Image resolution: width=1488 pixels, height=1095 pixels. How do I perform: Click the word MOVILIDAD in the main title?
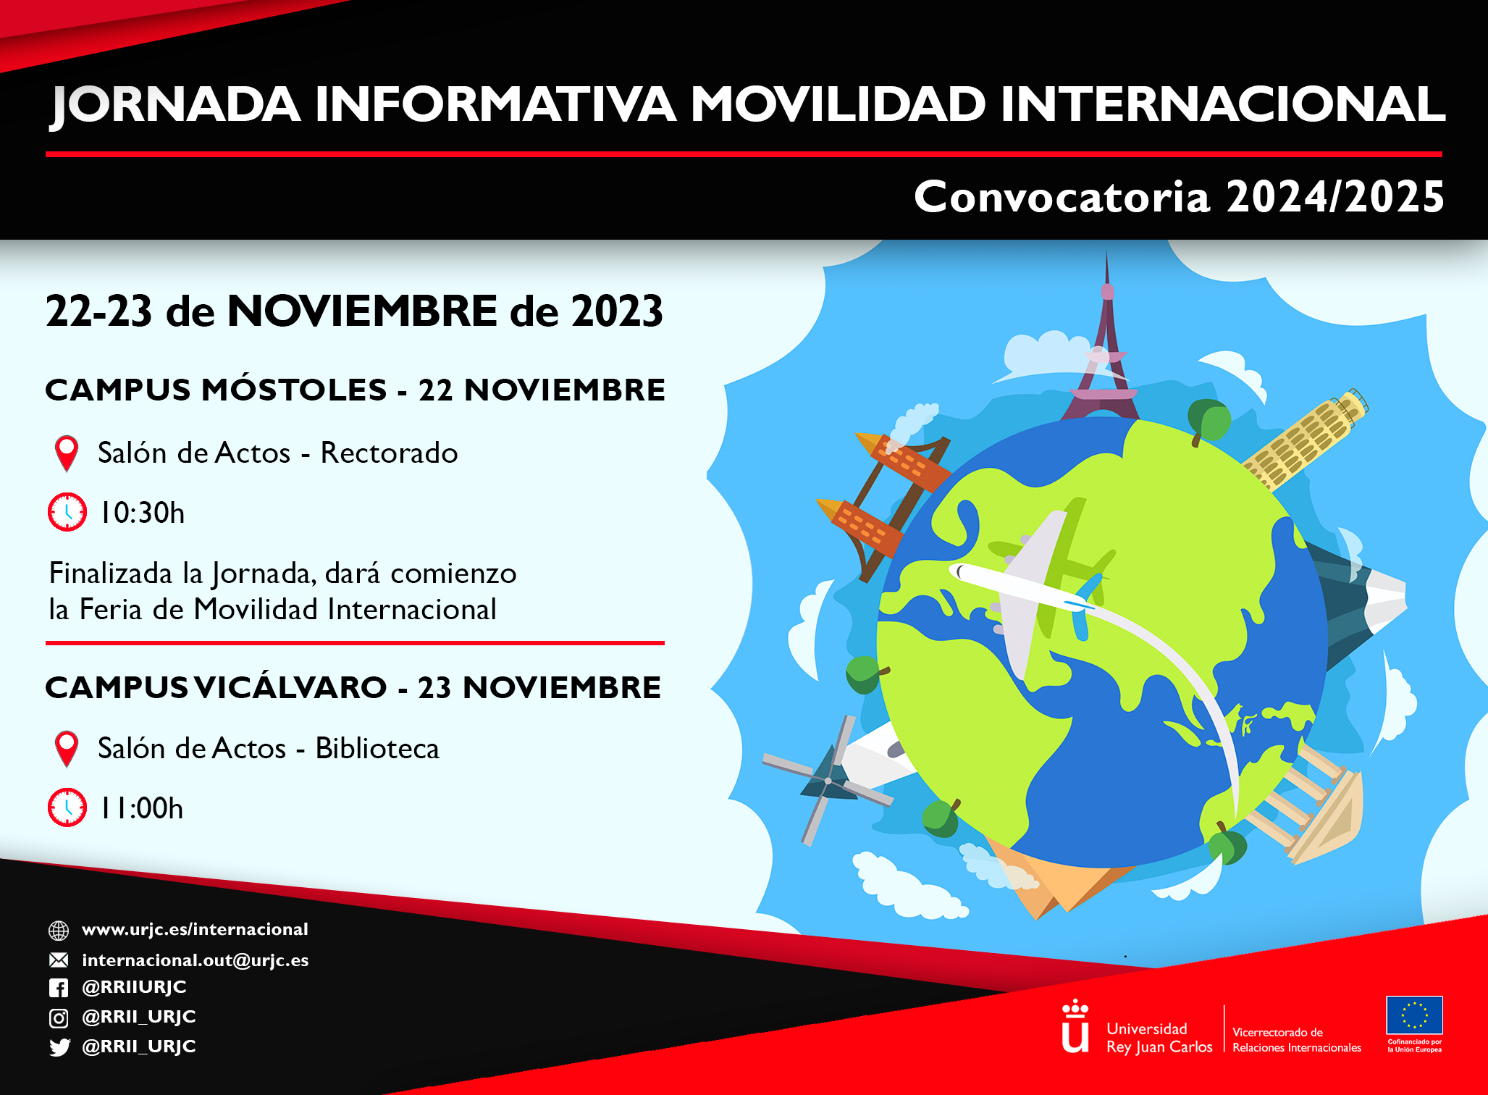(838, 104)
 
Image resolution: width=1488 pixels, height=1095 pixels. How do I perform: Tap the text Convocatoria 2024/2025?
(1179, 197)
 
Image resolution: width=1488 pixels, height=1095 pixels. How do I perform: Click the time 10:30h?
(142, 513)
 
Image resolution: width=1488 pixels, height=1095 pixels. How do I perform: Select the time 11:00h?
(141, 808)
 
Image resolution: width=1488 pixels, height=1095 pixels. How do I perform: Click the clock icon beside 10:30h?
(67, 512)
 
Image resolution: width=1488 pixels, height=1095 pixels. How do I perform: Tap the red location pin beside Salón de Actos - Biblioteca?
(67, 749)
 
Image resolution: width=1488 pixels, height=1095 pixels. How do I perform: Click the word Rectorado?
(389, 453)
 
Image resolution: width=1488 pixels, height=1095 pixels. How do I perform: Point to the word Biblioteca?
(377, 749)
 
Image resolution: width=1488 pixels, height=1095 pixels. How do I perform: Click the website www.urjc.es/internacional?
(195, 930)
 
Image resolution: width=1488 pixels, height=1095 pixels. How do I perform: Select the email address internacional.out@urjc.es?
(196, 960)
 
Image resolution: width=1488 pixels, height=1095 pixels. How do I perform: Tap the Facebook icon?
(59, 988)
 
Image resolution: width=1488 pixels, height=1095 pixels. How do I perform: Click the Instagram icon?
(59, 1018)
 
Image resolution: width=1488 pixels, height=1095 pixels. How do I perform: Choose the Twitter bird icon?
(59, 1047)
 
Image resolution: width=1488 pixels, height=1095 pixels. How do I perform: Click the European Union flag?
(1414, 1015)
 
